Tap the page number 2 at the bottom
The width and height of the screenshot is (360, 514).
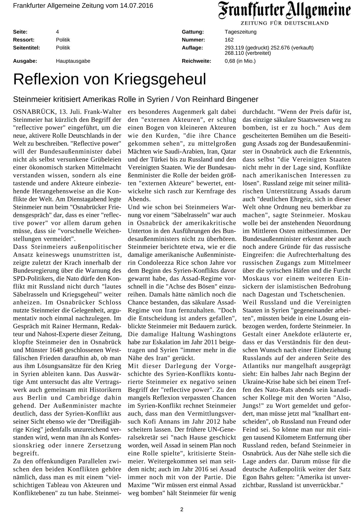[x=181, y=501]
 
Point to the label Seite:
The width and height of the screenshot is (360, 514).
[x=20, y=32]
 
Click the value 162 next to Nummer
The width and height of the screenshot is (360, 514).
[x=229, y=40]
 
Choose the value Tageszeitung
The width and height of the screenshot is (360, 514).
[x=240, y=32]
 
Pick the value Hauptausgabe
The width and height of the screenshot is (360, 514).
[x=73, y=61]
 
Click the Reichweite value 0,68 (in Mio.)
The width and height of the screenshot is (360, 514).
[x=240, y=61]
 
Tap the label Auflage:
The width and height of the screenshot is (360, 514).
[x=192, y=48]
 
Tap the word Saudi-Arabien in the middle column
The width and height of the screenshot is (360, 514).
[x=173, y=151]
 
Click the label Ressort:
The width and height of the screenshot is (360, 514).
[x=23, y=40]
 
